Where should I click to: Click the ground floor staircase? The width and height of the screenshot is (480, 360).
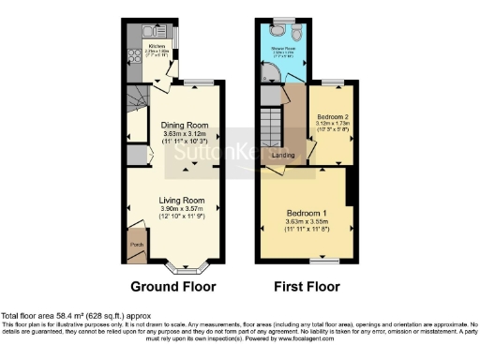(137, 99)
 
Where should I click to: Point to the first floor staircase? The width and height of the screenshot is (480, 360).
(269, 122)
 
